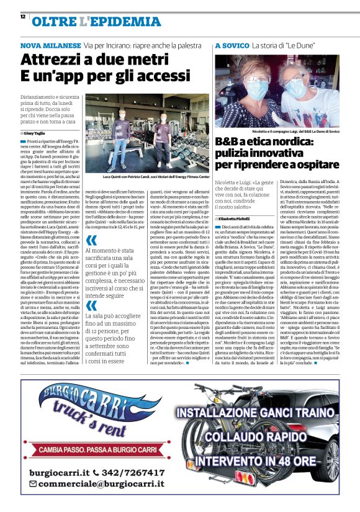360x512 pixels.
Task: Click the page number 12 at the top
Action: tap(22, 17)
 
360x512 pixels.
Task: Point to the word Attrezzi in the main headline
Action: tap(57, 61)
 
